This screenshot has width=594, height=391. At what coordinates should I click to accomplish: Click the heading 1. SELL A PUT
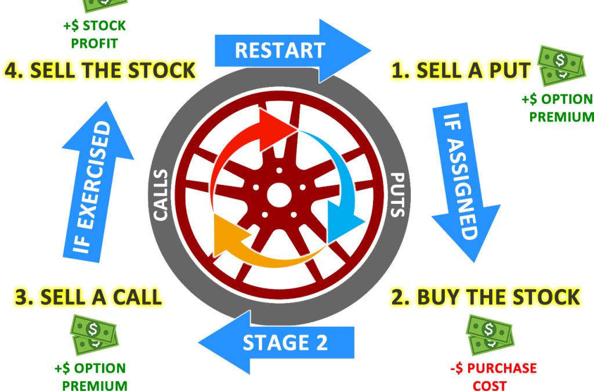461,71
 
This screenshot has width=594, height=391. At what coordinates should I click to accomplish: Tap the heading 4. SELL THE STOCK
100,71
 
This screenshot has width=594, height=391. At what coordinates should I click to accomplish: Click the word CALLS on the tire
161,195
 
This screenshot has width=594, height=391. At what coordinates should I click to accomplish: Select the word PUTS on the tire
396,194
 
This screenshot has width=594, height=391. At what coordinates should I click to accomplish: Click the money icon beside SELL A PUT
560,64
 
